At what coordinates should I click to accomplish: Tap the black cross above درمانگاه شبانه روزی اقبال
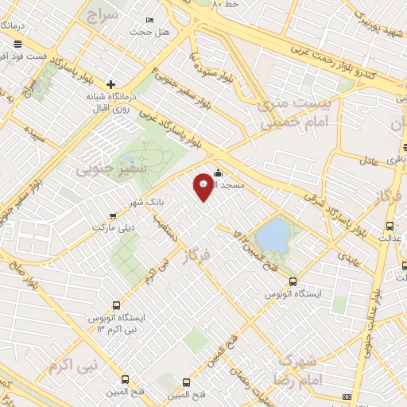click(111, 83)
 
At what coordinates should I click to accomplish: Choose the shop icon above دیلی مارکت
click(111, 215)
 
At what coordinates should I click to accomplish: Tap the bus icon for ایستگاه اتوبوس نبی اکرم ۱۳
click(116, 304)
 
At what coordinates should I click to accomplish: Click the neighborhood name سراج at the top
click(103, 15)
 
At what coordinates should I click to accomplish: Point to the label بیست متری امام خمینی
click(273, 111)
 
